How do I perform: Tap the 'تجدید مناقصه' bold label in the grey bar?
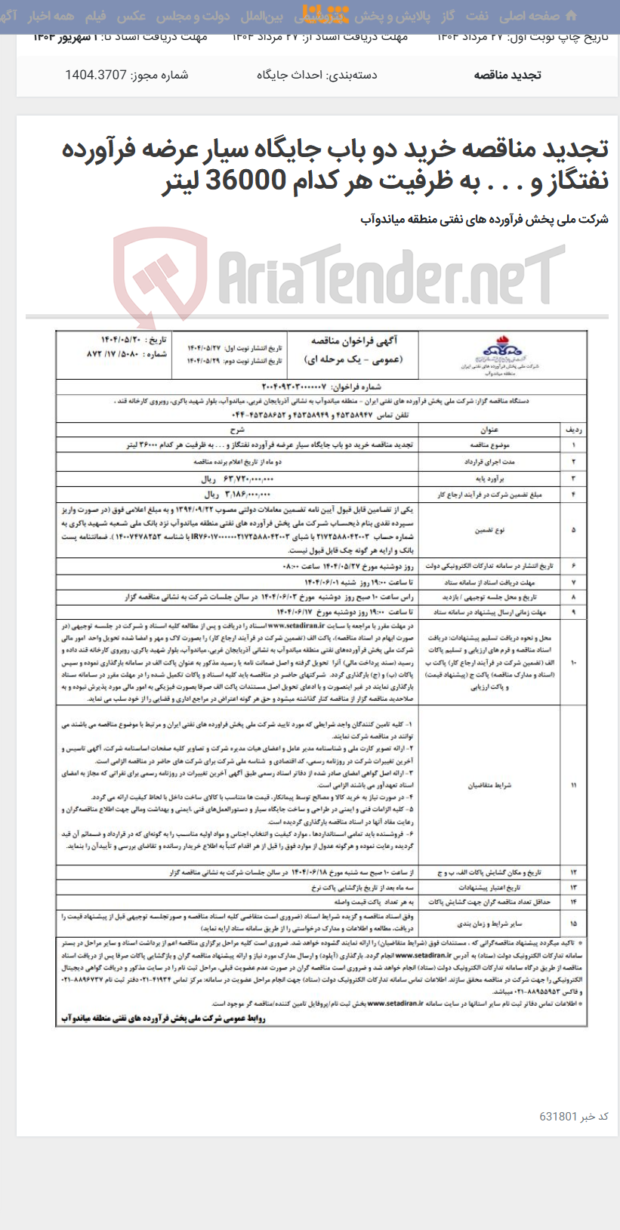[507, 75]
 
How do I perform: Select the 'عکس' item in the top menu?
[131, 16]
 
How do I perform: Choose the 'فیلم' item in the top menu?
[95, 16]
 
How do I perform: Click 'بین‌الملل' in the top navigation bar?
[261, 16]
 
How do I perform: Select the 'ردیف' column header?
[573, 429]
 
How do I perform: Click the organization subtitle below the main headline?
[484, 220]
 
